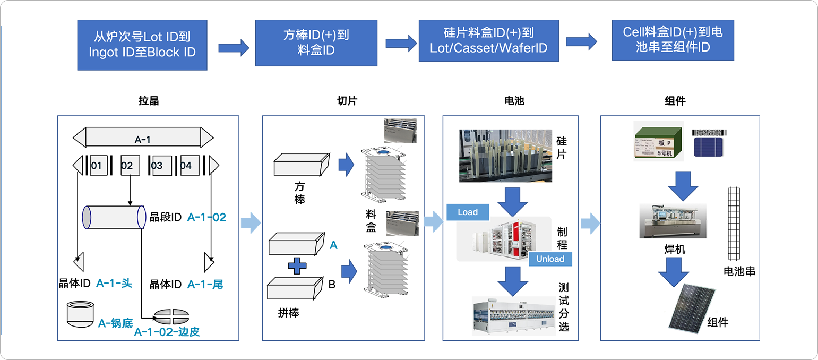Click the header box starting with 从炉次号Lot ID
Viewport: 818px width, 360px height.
click(x=142, y=45)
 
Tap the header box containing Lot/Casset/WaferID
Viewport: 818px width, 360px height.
click(x=488, y=41)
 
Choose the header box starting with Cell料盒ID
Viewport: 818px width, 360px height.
click(x=673, y=40)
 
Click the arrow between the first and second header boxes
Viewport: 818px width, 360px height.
click(x=234, y=47)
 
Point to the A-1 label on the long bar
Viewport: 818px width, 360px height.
click(x=142, y=139)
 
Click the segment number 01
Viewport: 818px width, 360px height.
click(x=96, y=166)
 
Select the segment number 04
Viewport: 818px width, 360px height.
click(x=186, y=166)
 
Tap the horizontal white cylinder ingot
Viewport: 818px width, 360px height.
click(x=114, y=217)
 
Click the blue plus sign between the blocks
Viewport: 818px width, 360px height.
click(x=296, y=265)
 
